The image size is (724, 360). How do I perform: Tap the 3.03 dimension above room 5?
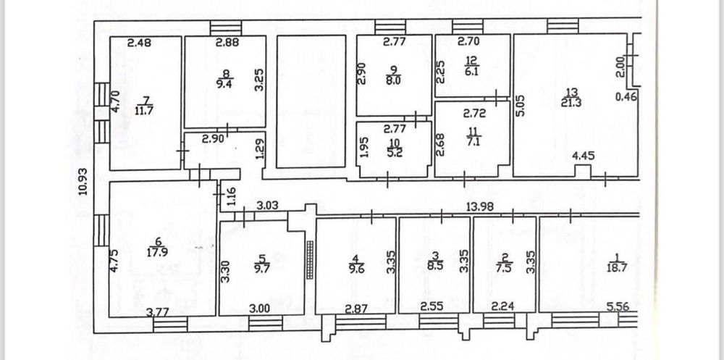[269, 206]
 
